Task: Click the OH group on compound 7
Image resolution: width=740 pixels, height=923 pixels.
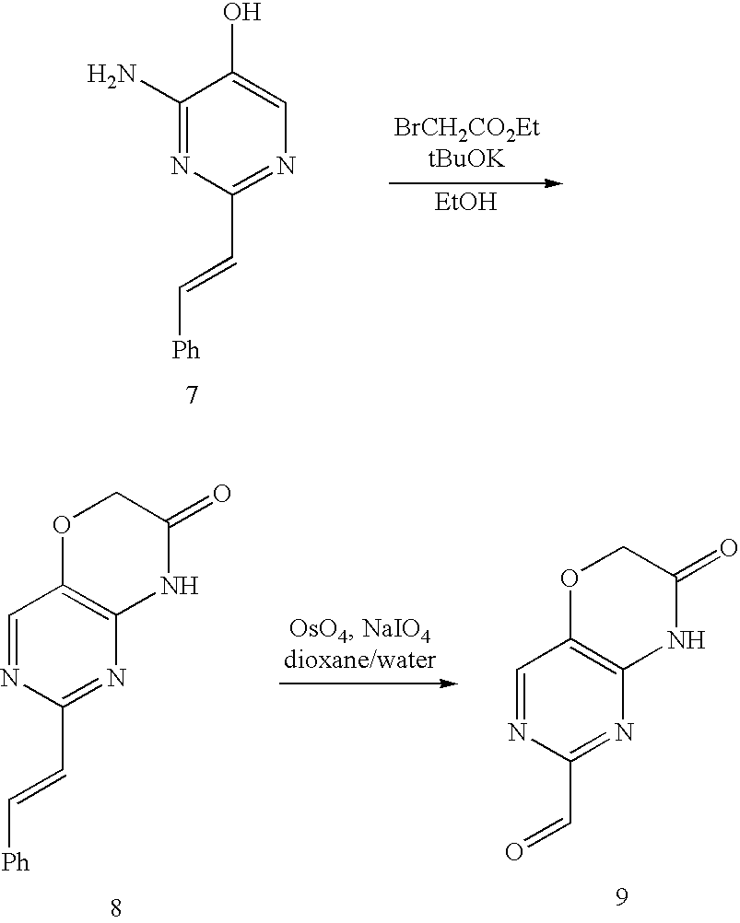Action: point(243,14)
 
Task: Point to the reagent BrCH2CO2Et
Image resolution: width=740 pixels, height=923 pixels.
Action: point(466,129)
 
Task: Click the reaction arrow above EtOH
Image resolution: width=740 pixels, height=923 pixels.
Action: point(475,182)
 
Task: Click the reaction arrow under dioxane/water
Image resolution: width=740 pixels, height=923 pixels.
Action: point(368,683)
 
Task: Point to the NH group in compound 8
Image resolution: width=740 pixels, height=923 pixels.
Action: point(179,587)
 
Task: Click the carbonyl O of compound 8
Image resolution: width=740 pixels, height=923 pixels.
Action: point(219,495)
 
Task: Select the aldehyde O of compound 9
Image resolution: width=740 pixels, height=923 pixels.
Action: point(516,850)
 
